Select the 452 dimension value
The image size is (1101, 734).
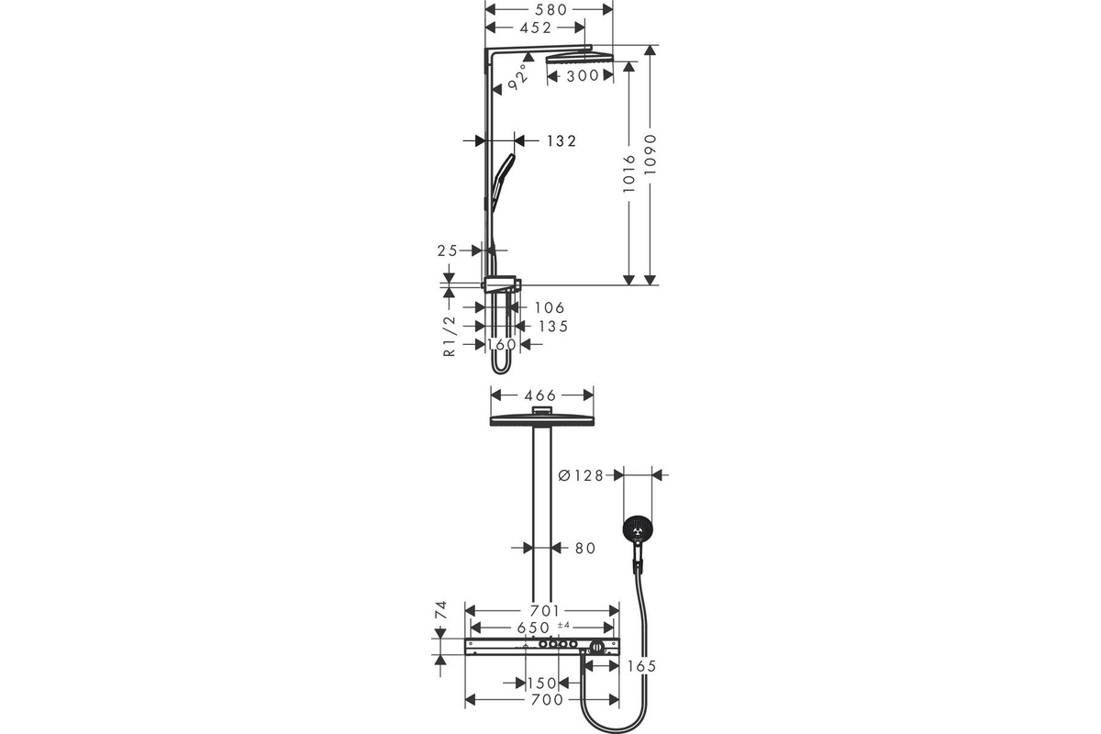[536, 28]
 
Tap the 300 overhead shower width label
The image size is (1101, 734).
[583, 76]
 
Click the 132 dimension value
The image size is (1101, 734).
[562, 141]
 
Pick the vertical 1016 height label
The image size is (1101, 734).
[629, 173]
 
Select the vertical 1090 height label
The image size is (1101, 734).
[651, 154]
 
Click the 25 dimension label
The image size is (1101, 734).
[448, 250]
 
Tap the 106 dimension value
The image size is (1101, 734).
[550, 307]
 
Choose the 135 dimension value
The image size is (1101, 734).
[553, 327]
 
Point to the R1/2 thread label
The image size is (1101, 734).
[450, 337]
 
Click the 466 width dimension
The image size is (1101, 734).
[539, 395]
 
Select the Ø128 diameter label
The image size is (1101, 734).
[581, 475]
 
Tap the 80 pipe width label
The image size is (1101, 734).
[585, 548]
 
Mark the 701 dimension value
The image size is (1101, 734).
[545, 611]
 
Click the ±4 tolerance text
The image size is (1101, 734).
[563, 626]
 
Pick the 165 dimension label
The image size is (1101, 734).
[642, 666]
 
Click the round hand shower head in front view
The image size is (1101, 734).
[638, 530]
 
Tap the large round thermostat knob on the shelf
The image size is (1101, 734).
[597, 647]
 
